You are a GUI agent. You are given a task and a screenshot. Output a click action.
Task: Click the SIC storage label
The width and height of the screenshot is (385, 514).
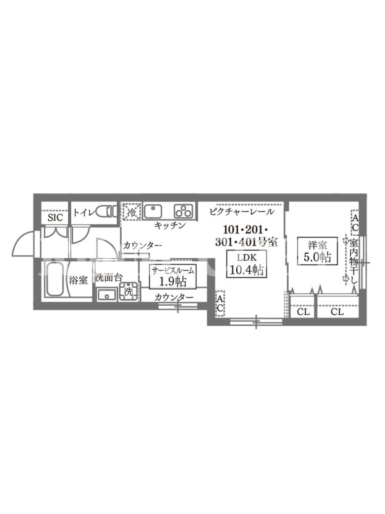pos(55,217)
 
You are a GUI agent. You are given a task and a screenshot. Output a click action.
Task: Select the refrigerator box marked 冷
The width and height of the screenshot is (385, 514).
pos(132,211)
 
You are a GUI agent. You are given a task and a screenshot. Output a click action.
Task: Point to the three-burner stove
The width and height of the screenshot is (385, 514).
pos(184,211)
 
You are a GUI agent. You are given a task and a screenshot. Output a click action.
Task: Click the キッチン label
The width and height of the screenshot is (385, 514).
pos(169,226)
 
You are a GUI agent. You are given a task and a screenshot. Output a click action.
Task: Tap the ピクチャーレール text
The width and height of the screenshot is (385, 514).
pos(242,212)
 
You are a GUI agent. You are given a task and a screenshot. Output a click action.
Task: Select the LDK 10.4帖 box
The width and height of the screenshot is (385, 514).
pos(246,264)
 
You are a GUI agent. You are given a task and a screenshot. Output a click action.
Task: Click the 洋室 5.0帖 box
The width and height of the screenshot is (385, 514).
pos(317,251)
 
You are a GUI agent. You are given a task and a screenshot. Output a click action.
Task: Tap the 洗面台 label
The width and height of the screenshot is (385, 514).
pos(108,278)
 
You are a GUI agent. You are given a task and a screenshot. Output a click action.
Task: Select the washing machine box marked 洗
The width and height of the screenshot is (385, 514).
pos(129,292)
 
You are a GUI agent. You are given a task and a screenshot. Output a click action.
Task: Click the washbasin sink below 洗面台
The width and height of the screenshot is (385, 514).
pos(107,295)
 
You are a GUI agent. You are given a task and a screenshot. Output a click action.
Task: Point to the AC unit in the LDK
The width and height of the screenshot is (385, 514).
pos(220,303)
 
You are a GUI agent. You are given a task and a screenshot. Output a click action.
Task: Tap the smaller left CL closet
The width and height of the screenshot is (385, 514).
pos(302,306)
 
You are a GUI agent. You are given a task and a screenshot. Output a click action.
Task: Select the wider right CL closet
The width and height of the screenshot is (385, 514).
pos(338,306)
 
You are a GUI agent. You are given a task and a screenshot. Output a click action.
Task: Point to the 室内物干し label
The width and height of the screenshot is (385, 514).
pos(354,261)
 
